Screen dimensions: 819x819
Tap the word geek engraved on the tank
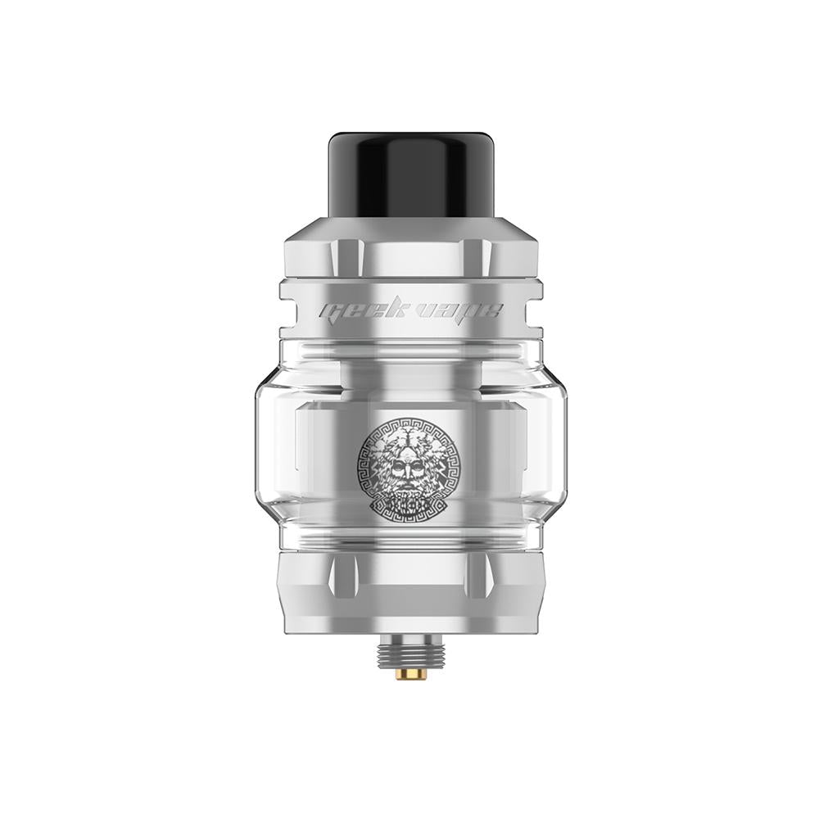[354, 312]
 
